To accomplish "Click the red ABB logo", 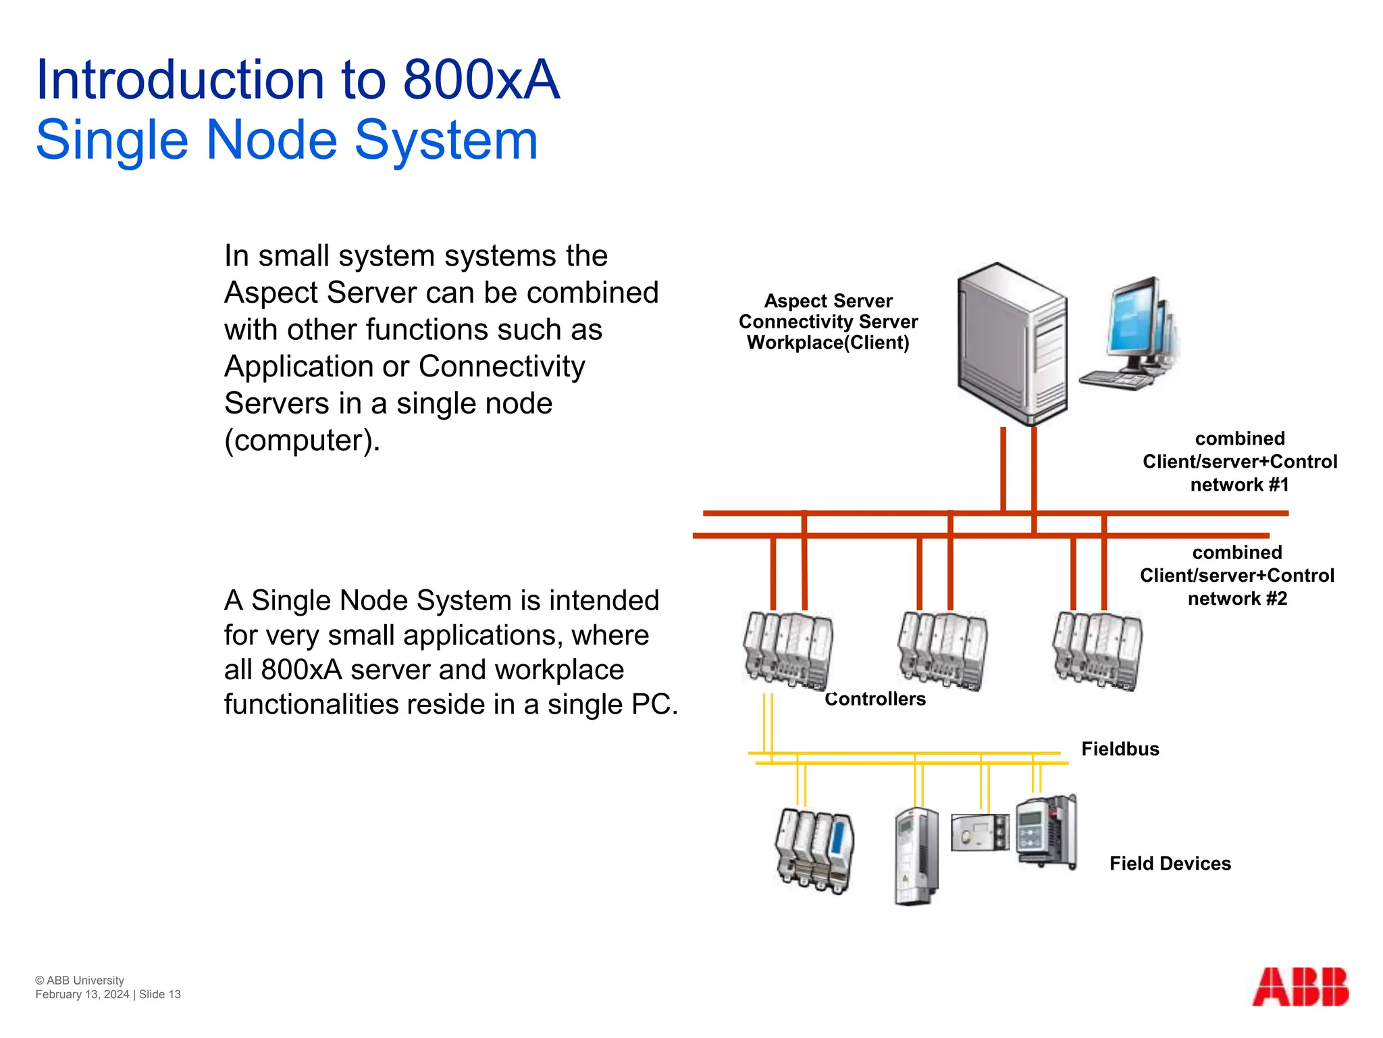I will pyautogui.click(x=1300, y=987).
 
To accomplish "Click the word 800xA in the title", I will pyautogui.click(x=481, y=80).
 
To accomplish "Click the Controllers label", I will pyautogui.click(x=875, y=699).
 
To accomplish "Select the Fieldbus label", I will pyautogui.click(x=1120, y=749).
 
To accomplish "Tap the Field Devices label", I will pyautogui.click(x=1170, y=864).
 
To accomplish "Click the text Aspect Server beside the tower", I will pyautogui.click(x=828, y=301).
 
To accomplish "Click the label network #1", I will pyautogui.click(x=1239, y=485).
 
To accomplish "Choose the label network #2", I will pyautogui.click(x=1237, y=598).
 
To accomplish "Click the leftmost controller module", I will pyautogui.click(x=788, y=650).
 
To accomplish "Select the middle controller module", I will pyautogui.click(x=943, y=650).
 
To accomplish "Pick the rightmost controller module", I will pyautogui.click(x=1097, y=650).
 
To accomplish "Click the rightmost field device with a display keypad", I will pyautogui.click(x=1045, y=831).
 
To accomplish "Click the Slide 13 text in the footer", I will pyautogui.click(x=160, y=994).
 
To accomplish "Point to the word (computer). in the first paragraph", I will pyautogui.click(x=302, y=440).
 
